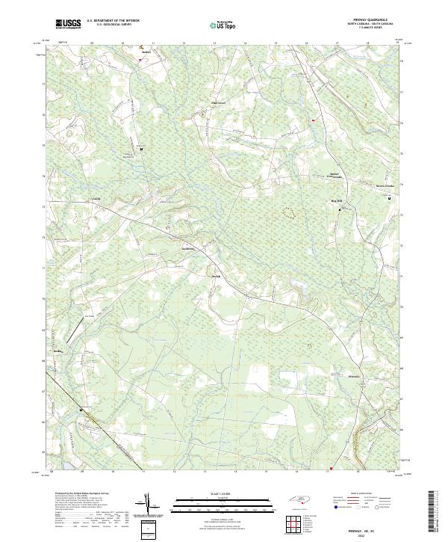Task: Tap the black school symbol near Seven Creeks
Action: point(389,197)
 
